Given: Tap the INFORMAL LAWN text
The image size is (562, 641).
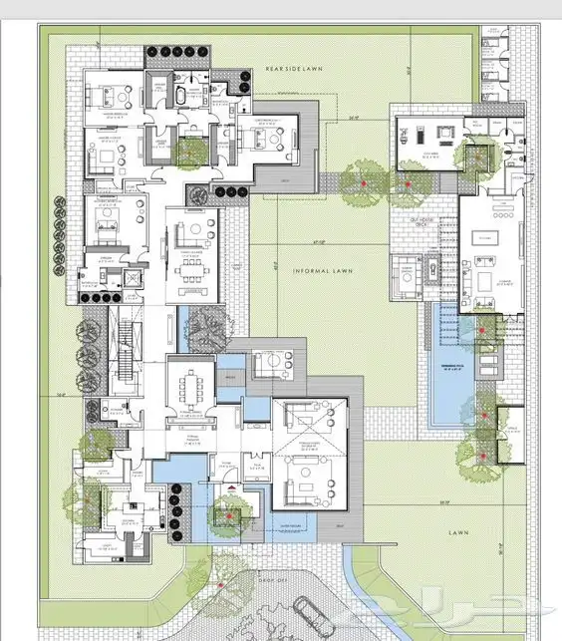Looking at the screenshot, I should pos(319,270).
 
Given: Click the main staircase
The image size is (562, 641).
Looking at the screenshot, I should pos(128,354).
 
